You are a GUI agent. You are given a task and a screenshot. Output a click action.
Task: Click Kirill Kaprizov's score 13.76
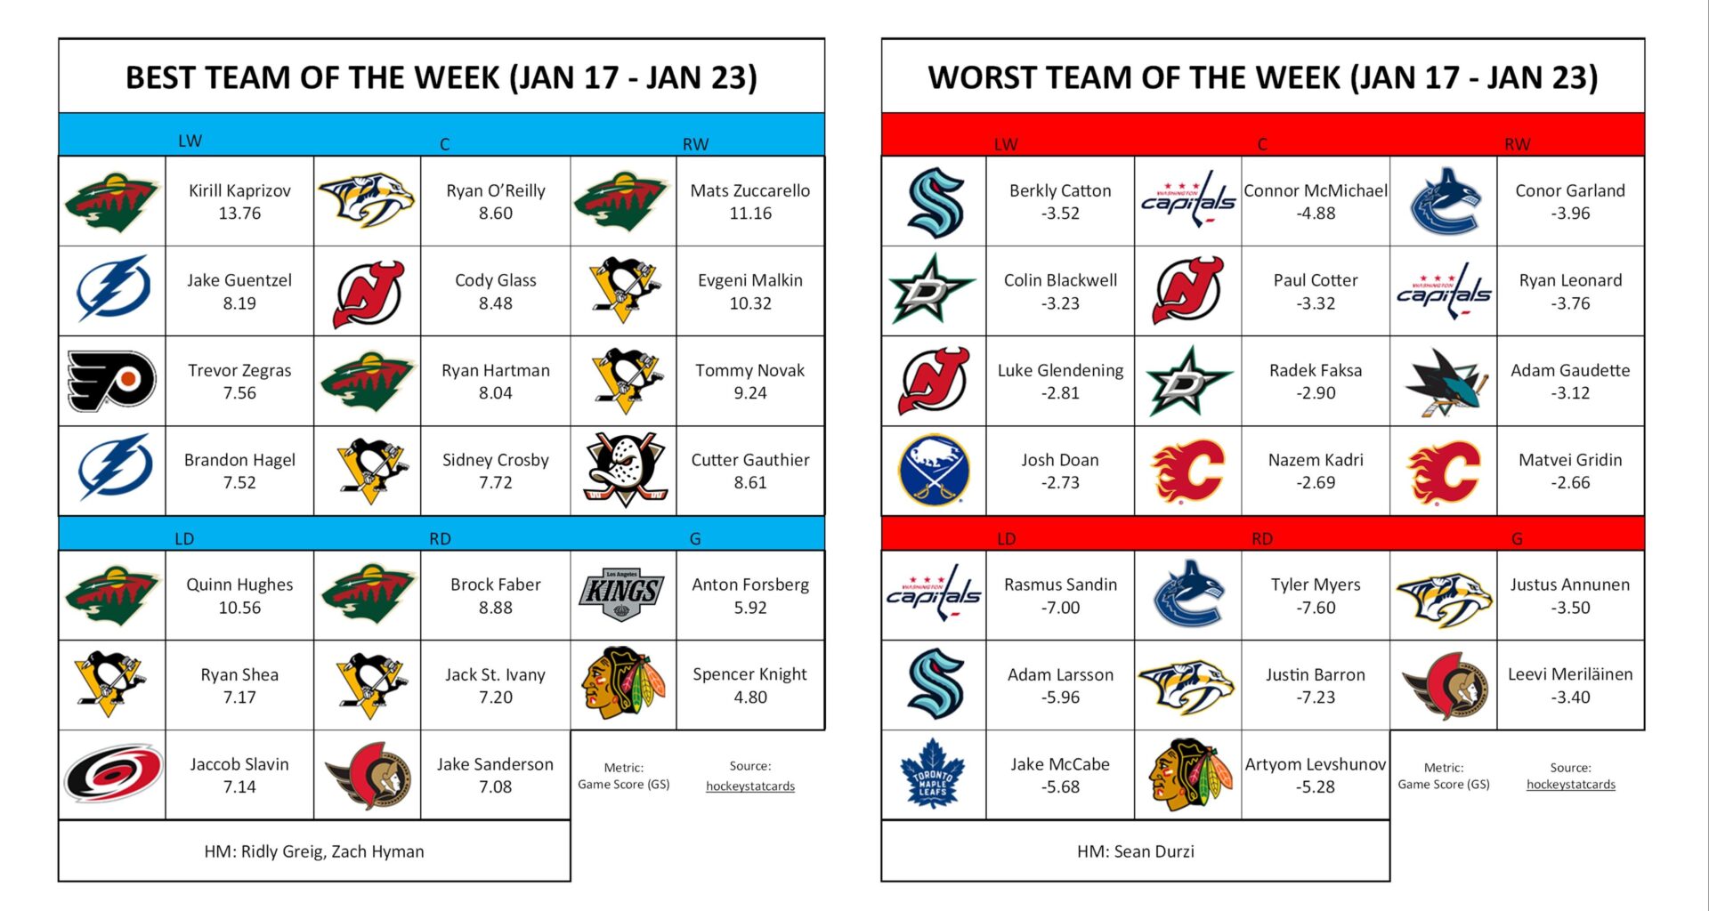point(239,214)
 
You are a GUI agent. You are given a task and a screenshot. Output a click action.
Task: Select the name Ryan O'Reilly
point(495,190)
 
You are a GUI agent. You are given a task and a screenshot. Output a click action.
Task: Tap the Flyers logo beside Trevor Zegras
point(112,381)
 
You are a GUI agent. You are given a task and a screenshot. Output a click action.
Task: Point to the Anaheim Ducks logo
point(624,470)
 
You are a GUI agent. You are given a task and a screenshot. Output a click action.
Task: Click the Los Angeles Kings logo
point(623,593)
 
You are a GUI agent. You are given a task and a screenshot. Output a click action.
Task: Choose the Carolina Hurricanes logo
point(112,774)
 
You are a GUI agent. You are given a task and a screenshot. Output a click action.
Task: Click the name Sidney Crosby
point(495,460)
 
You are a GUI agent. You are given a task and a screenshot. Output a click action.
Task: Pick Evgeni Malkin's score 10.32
point(749,303)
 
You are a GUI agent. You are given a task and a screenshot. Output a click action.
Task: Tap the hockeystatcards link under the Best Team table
point(749,786)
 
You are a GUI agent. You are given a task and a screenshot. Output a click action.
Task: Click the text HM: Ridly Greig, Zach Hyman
point(314,851)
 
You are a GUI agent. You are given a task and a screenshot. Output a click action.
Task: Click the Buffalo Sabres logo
point(934,470)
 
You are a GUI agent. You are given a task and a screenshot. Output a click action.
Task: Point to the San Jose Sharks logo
point(1444,381)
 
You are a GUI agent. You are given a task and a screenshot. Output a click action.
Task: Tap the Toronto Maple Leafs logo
point(933,774)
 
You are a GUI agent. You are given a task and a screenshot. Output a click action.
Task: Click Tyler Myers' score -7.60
point(1315,608)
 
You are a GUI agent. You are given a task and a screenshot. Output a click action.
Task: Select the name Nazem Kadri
point(1315,460)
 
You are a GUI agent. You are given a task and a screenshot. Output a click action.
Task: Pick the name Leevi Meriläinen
point(1569,674)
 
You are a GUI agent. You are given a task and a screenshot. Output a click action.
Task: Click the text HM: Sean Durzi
point(1135,851)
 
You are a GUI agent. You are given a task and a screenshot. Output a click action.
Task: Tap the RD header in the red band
point(1261,538)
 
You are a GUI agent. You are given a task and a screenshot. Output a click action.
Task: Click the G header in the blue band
point(695,538)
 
